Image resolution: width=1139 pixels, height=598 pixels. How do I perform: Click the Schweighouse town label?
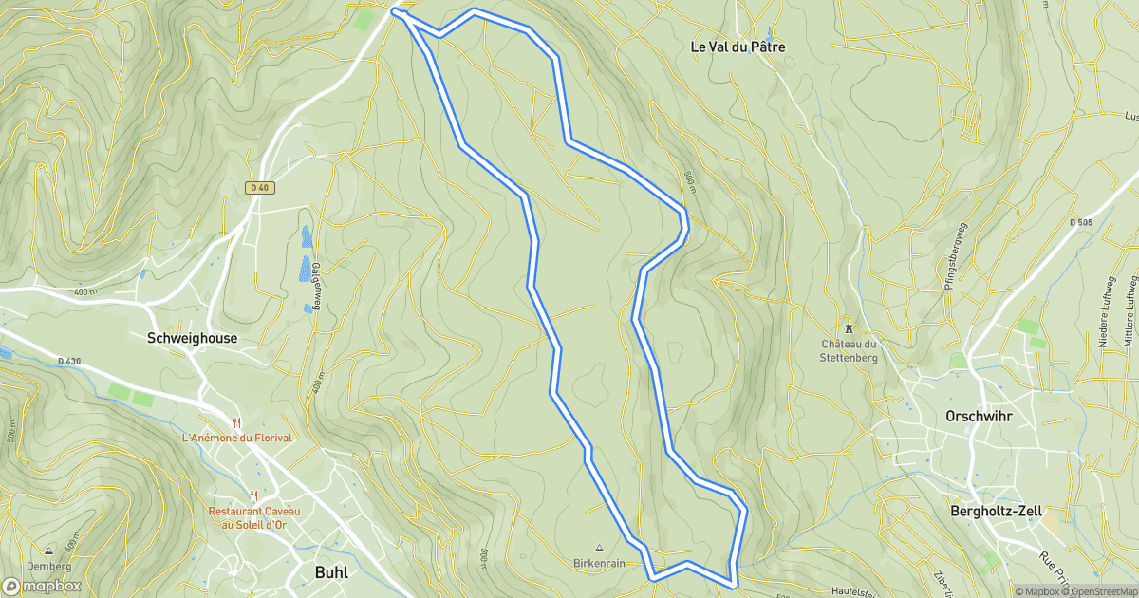193,338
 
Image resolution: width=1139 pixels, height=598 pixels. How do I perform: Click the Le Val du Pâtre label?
738,47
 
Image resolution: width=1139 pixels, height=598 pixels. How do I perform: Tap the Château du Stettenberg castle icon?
849,327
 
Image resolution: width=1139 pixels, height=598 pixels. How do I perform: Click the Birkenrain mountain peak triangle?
599,548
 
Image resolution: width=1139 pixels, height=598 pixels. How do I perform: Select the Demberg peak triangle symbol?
48,550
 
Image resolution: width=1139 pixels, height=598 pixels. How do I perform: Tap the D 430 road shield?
69,361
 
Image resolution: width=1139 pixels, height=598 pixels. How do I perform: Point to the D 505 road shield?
1080,222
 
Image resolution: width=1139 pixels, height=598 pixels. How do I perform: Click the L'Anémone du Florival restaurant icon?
237,421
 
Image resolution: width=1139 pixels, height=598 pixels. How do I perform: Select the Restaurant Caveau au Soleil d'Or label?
254,518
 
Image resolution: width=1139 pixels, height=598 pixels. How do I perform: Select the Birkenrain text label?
599,563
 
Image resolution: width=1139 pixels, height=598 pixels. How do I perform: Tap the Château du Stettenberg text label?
849,350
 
